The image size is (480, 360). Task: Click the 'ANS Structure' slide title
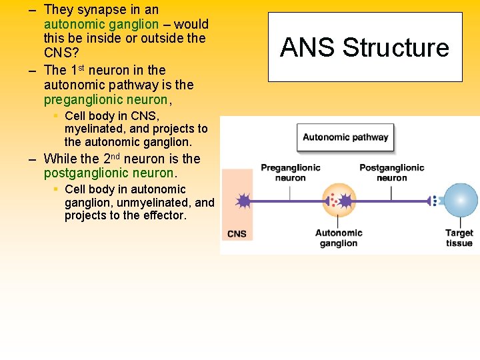365,48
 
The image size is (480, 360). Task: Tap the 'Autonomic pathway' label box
345,137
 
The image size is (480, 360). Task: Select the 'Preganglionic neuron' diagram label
290,173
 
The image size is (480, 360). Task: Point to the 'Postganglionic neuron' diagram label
391,173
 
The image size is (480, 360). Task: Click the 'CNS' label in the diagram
237,234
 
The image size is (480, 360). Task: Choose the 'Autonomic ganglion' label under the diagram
339,238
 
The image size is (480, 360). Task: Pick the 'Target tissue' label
459,238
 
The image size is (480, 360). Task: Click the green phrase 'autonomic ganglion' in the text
101,24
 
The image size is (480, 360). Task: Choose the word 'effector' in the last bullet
164,216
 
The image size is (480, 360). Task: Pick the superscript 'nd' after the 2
115,155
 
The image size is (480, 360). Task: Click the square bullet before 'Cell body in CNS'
56,116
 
